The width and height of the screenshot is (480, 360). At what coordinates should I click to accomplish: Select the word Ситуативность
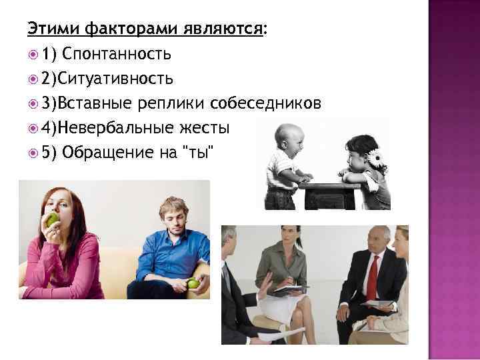pyautogui.click(x=115, y=79)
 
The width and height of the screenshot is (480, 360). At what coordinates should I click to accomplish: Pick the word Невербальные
pyautogui.click(x=116, y=127)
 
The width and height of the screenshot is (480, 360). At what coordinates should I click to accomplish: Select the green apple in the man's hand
pyautogui.click(x=193, y=283)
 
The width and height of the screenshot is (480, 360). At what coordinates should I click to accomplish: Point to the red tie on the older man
pyautogui.click(x=371, y=277)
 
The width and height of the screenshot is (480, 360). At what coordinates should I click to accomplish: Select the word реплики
pyautogui.click(x=173, y=103)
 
